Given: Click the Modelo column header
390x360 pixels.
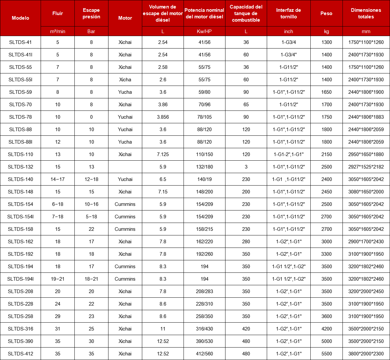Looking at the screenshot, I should coord(20,18).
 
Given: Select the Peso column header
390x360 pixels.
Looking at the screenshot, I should coord(326,13).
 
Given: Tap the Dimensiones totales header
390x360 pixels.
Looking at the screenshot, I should coord(366,13).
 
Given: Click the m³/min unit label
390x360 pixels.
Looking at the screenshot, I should coord(58,31).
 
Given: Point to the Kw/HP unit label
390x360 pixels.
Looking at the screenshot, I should coord(204,31).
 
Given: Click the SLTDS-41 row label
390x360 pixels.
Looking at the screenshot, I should coord(20,42).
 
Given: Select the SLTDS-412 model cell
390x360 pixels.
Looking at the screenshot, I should coord(20,354).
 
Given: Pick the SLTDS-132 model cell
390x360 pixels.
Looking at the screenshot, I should coord(20,167).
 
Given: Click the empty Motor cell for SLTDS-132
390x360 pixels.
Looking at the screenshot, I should coord(125,167).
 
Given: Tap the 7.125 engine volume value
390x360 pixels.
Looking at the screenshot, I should coord(163,154).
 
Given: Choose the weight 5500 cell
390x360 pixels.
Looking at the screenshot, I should coord(326,354).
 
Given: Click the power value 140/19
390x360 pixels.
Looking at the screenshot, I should coord(204,179).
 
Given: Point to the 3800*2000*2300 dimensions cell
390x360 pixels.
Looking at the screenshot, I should coord(366,354).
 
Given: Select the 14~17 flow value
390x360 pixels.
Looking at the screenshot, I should coord(58,179).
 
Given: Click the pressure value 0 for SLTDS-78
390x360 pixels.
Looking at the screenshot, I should coord(91,117).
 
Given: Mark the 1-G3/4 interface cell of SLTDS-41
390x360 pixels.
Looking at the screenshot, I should coord(288,42).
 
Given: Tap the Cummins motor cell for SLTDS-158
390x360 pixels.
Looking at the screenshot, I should coord(125,229).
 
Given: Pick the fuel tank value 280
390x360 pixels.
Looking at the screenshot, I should coord(246,242).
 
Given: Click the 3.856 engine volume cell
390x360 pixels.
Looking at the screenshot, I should coord(163,117).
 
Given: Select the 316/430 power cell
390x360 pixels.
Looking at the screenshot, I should coord(204,329).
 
